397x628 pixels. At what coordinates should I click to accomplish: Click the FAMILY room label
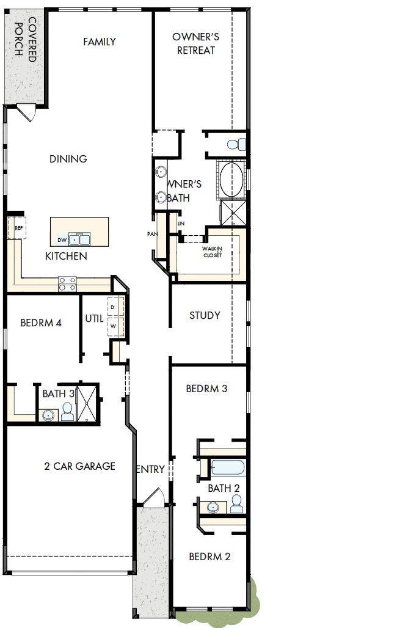pos(100,42)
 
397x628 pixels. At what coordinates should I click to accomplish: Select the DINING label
pos(68,159)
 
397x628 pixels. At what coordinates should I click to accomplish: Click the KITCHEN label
pos(66,257)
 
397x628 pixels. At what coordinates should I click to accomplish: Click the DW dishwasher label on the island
pos(62,240)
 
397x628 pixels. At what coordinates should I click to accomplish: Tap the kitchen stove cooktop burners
pos(67,283)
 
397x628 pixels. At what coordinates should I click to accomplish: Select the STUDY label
pos(205,316)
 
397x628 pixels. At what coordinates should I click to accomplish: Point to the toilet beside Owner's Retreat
pos(235,145)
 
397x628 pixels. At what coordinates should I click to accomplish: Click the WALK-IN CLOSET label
pos(213,252)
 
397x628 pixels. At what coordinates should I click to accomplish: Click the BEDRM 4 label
pos(41,323)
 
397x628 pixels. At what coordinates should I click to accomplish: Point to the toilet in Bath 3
pos(67,413)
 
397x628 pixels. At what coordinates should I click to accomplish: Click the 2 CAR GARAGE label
pos(79,466)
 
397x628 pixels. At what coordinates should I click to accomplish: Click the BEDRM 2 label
pos(209,557)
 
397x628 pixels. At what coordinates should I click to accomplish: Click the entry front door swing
pos(151,496)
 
